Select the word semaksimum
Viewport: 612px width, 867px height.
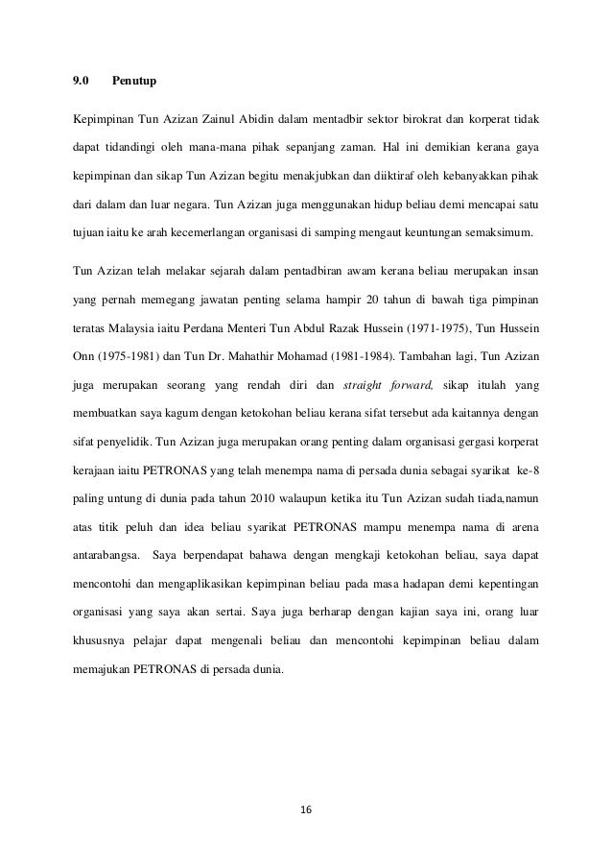coord(501,233)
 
